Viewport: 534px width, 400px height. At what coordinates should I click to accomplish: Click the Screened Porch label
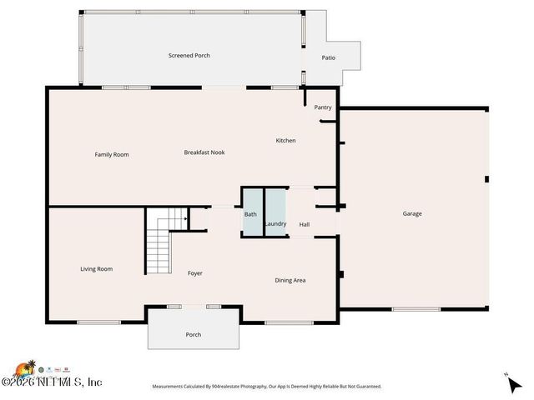[189, 56]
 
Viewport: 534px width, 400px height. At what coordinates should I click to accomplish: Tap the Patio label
[329, 57]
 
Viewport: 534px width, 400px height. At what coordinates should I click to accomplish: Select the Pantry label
[323, 107]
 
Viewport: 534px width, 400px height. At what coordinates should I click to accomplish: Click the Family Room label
[111, 154]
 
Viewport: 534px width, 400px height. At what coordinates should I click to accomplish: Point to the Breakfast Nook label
[204, 152]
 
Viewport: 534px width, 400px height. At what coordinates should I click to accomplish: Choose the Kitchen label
[285, 141]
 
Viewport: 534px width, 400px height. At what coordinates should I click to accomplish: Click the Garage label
[412, 213]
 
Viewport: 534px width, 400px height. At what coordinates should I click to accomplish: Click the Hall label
[305, 223]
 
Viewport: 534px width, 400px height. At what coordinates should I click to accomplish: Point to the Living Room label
[96, 268]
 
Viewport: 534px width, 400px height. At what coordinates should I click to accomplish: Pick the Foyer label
[194, 273]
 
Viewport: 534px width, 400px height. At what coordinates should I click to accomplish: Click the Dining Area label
[290, 280]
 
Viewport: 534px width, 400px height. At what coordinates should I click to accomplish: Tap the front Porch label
[193, 334]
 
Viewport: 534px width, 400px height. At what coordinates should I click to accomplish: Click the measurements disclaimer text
[266, 387]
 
